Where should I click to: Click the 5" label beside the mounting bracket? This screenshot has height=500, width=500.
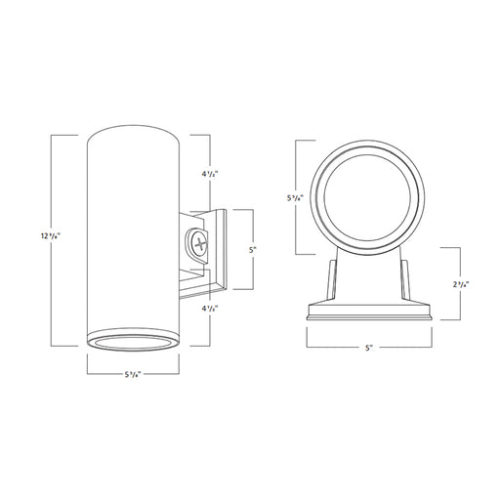click(x=253, y=249)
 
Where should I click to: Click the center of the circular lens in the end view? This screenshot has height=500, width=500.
click(x=370, y=191)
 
